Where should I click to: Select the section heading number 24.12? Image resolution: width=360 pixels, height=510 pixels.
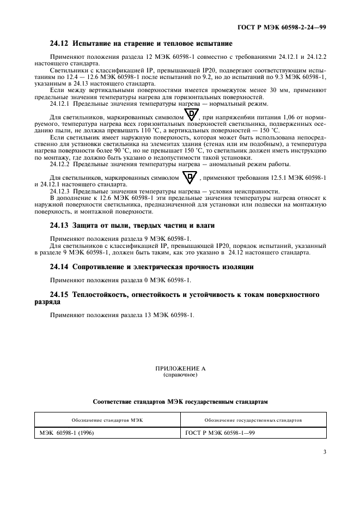(x=59, y=43)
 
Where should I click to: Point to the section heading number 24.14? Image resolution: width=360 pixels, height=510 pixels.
(x=59, y=267)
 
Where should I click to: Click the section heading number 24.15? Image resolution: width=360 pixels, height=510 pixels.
(x=59, y=295)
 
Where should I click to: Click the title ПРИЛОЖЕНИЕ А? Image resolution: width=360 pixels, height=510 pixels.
(x=180, y=369)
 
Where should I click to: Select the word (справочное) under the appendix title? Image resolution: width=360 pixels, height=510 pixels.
(x=180, y=375)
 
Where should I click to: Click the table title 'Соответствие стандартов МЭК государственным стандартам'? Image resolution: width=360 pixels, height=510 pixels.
(x=180, y=402)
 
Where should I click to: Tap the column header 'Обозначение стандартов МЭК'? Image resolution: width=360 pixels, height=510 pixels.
(x=107, y=420)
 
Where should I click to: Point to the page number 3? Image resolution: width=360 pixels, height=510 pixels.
(x=324, y=452)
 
